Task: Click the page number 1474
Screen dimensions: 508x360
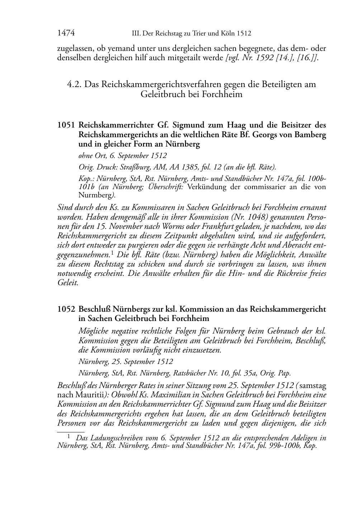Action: pos(66,33)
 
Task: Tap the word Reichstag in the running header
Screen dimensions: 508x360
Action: pos(168,34)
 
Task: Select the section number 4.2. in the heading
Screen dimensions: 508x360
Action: pos(75,85)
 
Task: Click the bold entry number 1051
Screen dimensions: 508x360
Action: pos(66,125)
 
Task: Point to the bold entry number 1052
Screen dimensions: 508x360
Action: pos(66,309)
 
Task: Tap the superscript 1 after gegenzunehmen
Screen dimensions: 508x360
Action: pos(113,253)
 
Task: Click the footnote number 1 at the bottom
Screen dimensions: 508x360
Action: pos(69,437)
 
